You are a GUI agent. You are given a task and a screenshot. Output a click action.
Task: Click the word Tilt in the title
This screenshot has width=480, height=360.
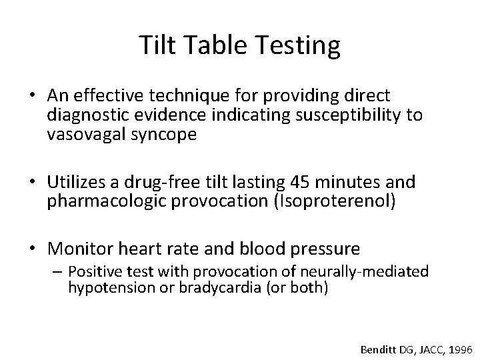155,45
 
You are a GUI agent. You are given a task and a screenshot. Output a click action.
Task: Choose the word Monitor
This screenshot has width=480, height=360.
80,249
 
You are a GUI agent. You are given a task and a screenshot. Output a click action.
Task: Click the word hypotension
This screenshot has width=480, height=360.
105,290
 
